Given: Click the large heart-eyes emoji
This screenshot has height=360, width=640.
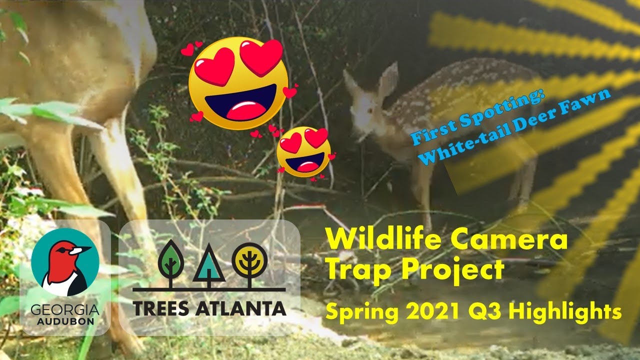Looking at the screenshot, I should point(238,82).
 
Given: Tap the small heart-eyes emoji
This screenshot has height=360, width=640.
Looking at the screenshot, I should point(304,151).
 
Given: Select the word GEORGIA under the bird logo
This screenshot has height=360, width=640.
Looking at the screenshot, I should point(65,311).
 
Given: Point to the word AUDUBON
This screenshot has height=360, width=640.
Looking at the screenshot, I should point(65,321).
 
